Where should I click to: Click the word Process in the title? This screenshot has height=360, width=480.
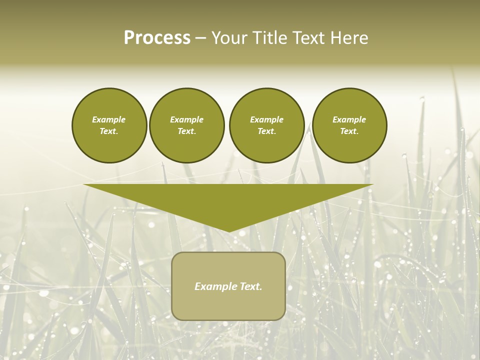point(157,38)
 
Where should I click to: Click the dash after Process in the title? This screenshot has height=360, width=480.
point(201,38)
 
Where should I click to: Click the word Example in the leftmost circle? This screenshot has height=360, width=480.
point(108,119)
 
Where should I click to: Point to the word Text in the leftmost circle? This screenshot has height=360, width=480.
point(108,131)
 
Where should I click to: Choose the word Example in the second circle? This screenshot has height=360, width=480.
point(186,119)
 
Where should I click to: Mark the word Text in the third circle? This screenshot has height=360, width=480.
point(266,131)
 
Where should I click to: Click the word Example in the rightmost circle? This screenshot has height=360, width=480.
point(349,119)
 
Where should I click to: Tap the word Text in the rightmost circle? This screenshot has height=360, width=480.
point(349,131)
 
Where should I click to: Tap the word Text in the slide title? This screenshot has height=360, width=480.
point(308,38)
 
